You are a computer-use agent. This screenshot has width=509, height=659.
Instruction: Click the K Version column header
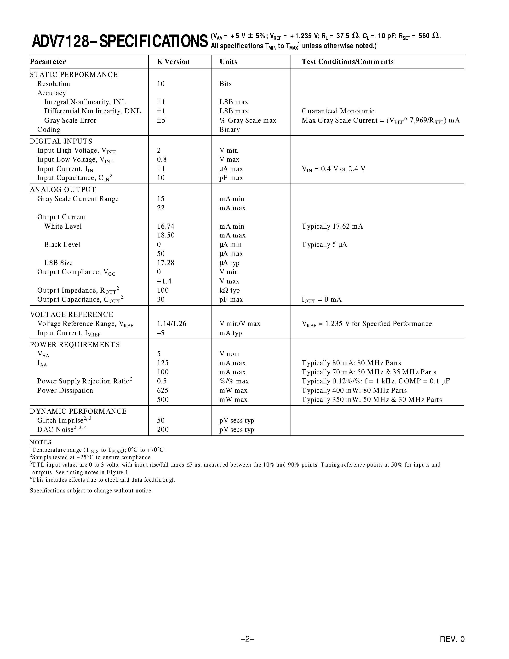tap(173, 62)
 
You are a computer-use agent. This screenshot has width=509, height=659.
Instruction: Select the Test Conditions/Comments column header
tap(348, 62)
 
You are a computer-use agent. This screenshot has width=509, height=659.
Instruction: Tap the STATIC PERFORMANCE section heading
tap(74, 75)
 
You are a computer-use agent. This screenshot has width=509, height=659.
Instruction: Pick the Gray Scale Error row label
tap(70, 120)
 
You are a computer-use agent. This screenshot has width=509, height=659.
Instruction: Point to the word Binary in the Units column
tap(229, 130)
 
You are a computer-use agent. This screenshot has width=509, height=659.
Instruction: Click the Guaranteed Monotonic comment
tap(338, 111)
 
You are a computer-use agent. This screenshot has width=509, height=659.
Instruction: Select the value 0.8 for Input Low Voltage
tap(162, 160)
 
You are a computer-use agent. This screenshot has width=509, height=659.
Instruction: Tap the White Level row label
tap(63, 226)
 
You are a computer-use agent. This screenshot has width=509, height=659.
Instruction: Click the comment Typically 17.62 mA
tap(332, 226)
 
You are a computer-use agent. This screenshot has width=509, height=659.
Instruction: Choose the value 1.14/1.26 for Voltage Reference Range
tap(172, 324)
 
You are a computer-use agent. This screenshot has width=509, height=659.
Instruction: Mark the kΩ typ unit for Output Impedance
tap(229, 291)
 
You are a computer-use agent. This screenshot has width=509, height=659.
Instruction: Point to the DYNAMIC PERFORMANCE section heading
tap(78, 411)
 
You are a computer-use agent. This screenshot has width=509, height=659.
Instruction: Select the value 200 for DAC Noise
tap(163, 429)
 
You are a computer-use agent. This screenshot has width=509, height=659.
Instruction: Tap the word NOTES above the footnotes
tap(41, 442)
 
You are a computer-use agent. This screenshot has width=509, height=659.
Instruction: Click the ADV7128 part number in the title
tap(60, 41)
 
